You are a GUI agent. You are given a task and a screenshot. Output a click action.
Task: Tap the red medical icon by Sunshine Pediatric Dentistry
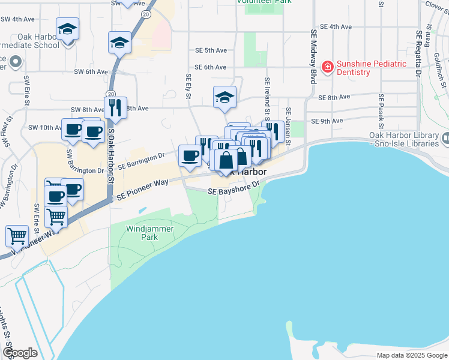click(328, 67)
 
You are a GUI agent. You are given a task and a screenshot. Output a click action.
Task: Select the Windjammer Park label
click(142, 233)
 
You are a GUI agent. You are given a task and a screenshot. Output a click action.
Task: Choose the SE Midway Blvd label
click(313, 56)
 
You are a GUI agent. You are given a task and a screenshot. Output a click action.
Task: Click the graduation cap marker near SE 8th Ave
click(225, 98)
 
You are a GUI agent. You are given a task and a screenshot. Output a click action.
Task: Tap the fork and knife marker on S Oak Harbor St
click(115, 108)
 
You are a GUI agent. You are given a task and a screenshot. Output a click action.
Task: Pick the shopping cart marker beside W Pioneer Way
click(17, 235)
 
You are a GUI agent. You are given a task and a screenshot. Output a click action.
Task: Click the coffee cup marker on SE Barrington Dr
click(190, 155)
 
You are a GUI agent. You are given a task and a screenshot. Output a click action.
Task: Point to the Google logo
click(19, 353)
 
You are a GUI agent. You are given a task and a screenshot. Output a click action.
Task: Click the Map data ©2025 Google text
click(412, 355)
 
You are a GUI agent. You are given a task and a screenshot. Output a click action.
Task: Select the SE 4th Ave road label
click(336, 27)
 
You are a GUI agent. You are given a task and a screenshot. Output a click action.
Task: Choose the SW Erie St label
click(26, 89)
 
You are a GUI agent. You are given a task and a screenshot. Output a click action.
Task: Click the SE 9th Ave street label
click(327, 121)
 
